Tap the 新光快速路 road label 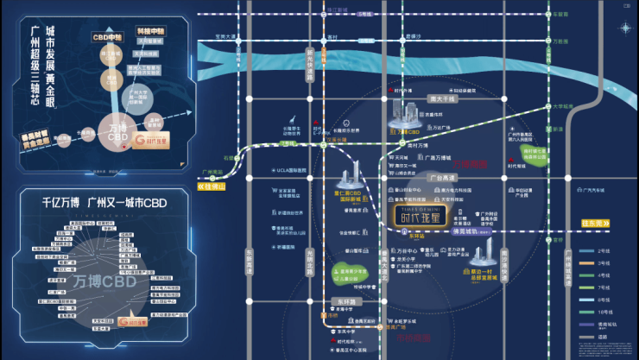(309, 66)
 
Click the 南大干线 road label (441, 98)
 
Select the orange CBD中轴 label (108, 38)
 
